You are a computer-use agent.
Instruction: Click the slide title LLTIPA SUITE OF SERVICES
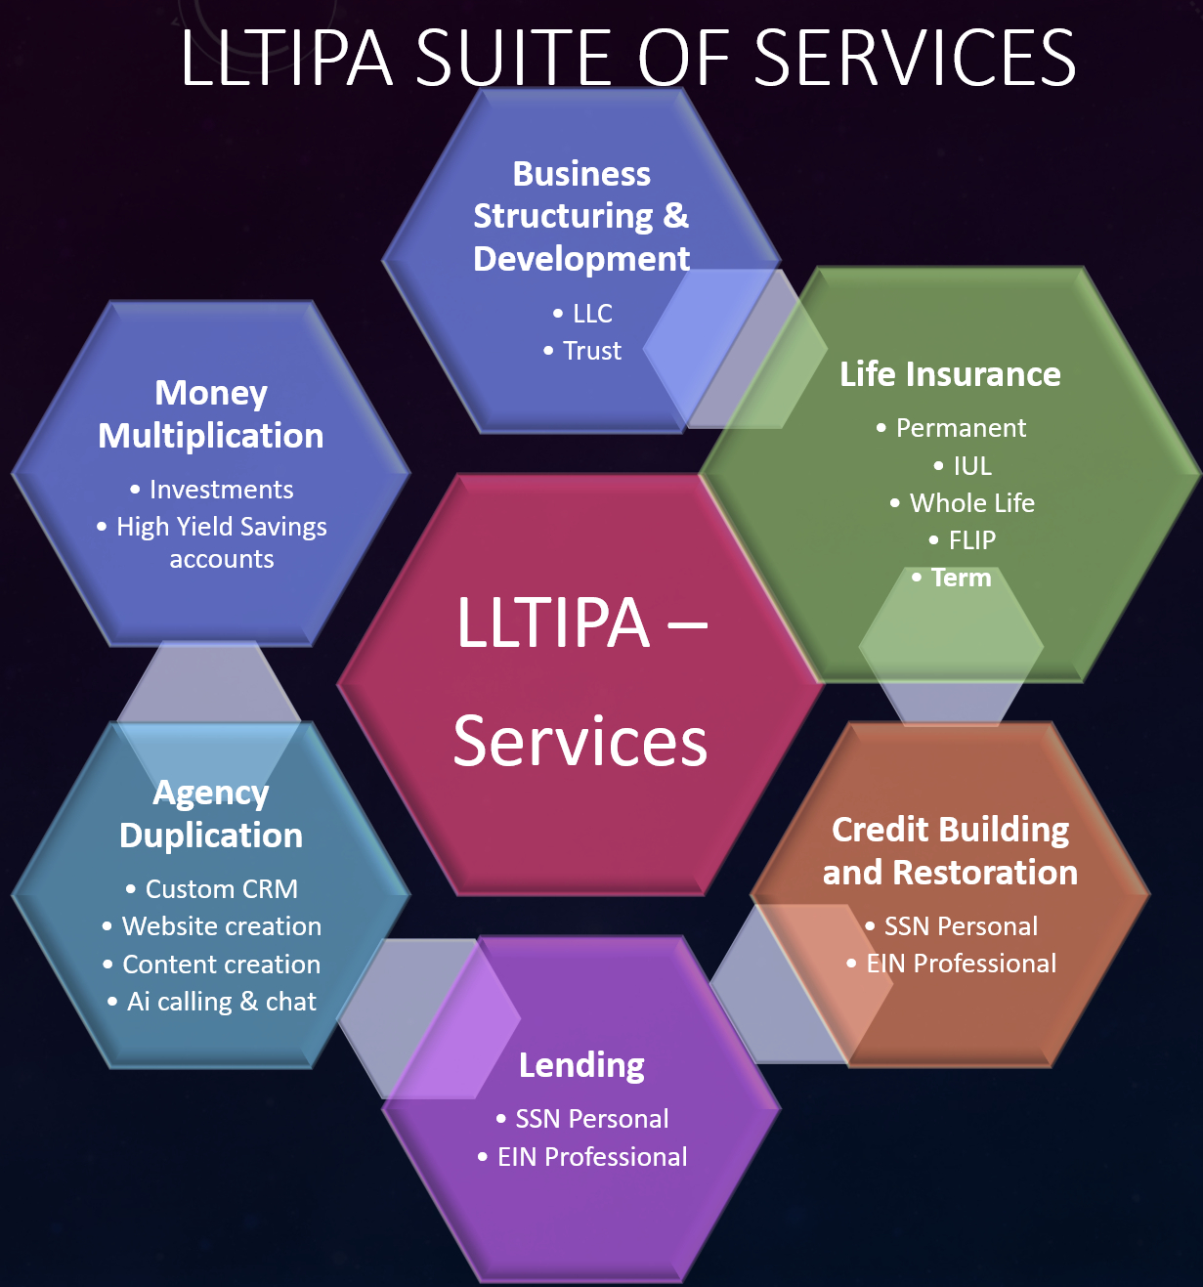coord(627,58)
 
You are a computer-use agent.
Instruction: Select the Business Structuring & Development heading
coord(581,216)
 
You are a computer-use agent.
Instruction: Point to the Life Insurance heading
coord(950,374)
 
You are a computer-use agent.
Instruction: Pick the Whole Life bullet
coord(971,503)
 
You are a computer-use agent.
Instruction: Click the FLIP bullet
coord(971,540)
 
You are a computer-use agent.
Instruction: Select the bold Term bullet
coord(962,578)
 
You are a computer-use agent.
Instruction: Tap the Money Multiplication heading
coord(211,414)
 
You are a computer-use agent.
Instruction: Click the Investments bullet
coord(221,490)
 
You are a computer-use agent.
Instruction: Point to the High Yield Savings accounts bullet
coord(222,542)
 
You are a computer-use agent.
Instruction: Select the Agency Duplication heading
coord(211,814)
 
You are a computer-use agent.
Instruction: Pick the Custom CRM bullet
coord(221,889)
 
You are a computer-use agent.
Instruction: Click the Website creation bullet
coord(221,926)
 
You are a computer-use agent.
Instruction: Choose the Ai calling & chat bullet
coord(221,1002)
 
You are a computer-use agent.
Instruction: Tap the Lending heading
coord(581,1065)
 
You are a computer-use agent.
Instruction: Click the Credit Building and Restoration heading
coord(950,850)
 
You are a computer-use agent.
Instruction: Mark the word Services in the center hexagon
coord(580,741)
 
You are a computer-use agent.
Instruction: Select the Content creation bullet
coord(221,965)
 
